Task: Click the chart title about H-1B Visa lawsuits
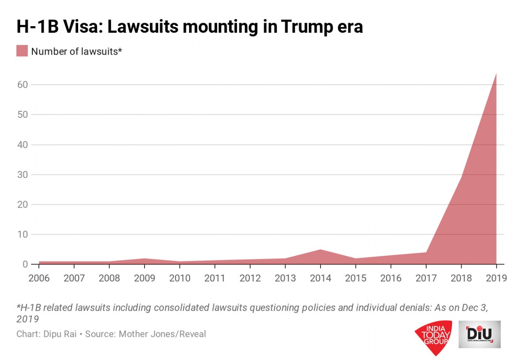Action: [190, 27]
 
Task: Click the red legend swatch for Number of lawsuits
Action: [22, 51]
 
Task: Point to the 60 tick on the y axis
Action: [23, 85]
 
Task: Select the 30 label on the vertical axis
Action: [23, 175]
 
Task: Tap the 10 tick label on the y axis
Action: [23, 234]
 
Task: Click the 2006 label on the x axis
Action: [39, 278]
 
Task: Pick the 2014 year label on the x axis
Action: [320, 278]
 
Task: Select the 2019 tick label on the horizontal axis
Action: [496, 278]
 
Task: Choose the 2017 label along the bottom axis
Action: [426, 278]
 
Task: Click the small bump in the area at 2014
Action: [320, 250]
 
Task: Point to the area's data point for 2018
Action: [461, 178]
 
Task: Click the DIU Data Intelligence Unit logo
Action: [479, 334]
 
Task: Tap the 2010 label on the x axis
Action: [179, 278]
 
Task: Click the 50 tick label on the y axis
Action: [23, 115]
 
